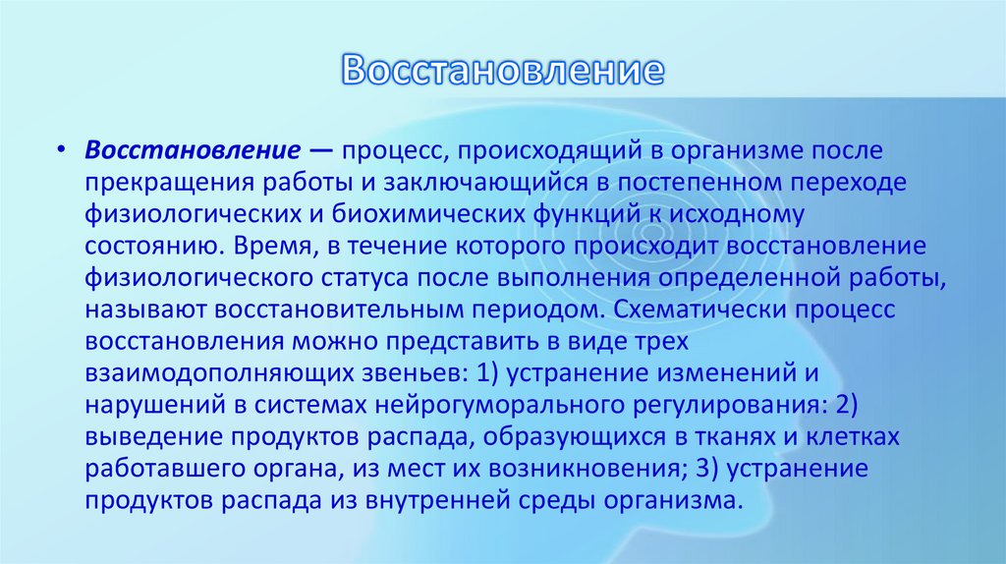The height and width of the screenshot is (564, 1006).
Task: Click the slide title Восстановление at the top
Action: (x=503, y=70)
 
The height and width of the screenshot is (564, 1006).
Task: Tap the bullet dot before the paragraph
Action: (x=62, y=152)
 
